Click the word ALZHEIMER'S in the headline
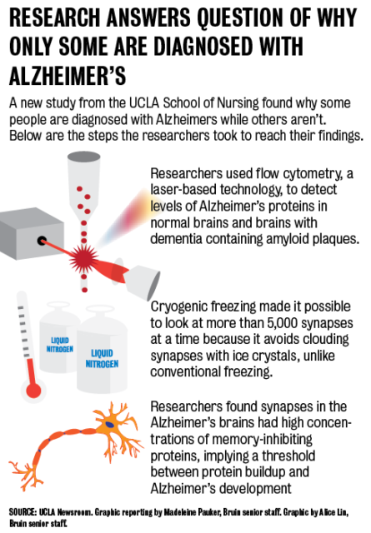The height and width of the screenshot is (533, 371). point(68,76)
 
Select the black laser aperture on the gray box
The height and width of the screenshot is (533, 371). point(42,241)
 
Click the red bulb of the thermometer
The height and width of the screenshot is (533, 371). point(33,391)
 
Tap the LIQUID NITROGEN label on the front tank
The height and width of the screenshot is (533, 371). point(102,359)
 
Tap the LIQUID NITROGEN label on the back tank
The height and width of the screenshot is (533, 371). point(60,345)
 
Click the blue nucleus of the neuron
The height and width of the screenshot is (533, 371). point(109,424)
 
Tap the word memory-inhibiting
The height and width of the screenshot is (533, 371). point(262,439)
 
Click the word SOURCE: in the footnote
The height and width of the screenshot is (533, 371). point(23,511)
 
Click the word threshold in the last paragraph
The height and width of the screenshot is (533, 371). point(288,456)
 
